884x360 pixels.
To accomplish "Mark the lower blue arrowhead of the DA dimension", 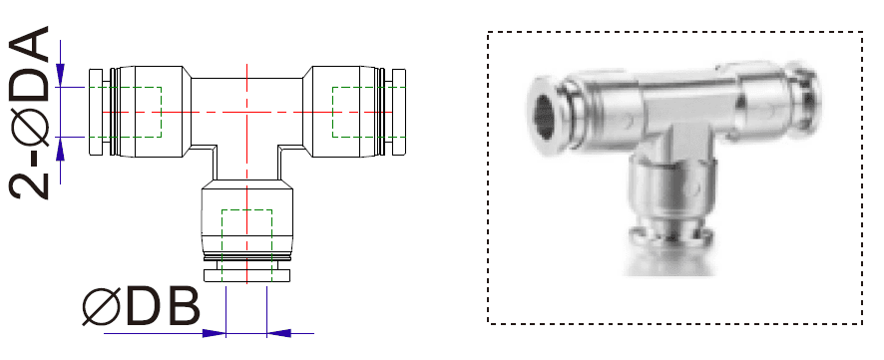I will coord(62,147).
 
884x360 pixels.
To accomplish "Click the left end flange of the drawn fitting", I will coord(96,113).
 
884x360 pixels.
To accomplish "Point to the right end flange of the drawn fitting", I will coord(400,113).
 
